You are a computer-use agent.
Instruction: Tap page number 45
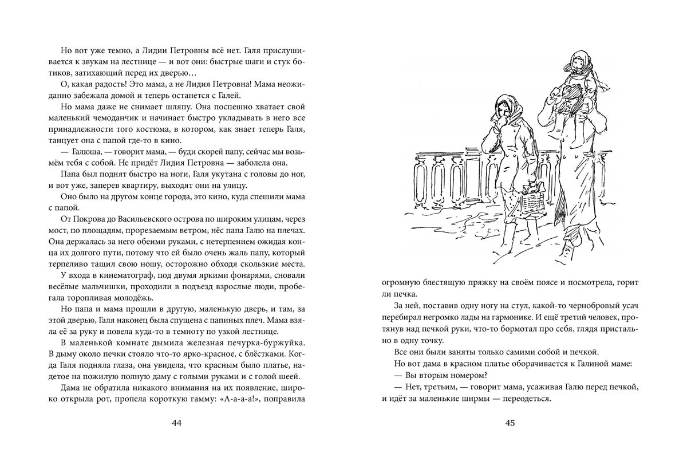pyautogui.click(x=511, y=423)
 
